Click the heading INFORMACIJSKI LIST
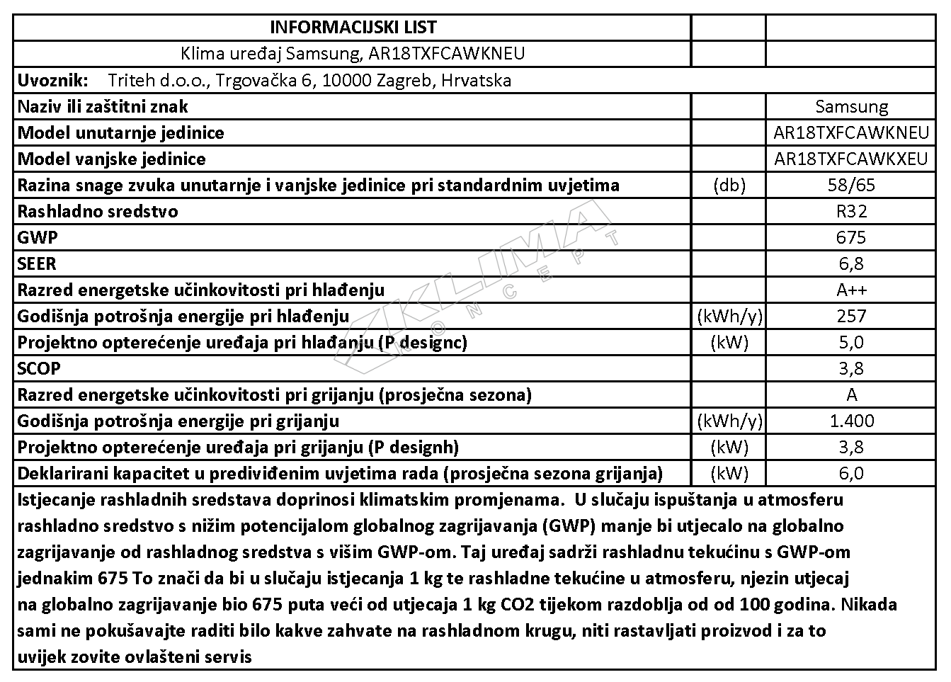click(353, 28)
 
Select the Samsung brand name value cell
click(851, 107)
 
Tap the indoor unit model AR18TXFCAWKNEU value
click(851, 133)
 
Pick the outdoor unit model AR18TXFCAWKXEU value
click(851, 159)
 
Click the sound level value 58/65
click(851, 186)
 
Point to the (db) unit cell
click(729, 186)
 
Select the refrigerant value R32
click(851, 212)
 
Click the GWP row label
click(38, 238)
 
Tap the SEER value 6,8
click(851, 264)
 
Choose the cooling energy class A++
click(851, 290)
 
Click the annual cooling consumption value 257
click(851, 317)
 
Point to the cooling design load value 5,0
click(851, 343)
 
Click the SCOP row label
click(39, 369)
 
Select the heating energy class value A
click(851, 395)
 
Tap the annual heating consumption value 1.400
click(851, 421)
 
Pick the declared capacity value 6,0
click(851, 474)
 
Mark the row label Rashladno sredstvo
click(98, 212)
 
